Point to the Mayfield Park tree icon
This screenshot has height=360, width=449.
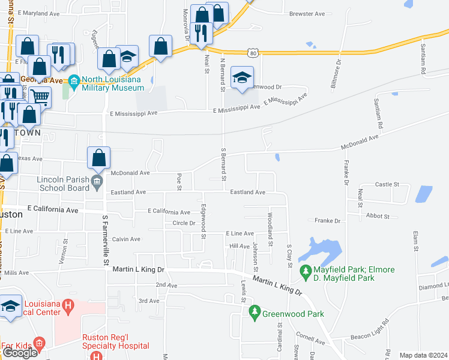(x=306, y=272)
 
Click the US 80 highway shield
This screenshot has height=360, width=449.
(x=255, y=53)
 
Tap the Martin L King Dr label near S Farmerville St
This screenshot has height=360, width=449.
(x=139, y=270)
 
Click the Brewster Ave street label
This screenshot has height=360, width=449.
(x=307, y=14)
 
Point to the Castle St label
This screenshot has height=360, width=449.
(x=387, y=184)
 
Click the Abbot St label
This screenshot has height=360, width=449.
(x=378, y=216)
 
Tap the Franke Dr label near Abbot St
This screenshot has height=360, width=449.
(x=328, y=221)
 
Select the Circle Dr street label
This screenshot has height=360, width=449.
(x=184, y=223)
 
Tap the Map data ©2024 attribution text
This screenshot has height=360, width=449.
(x=423, y=355)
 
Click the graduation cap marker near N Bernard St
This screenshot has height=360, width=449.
(x=242, y=78)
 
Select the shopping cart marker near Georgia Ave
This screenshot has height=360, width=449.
(x=40, y=97)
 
